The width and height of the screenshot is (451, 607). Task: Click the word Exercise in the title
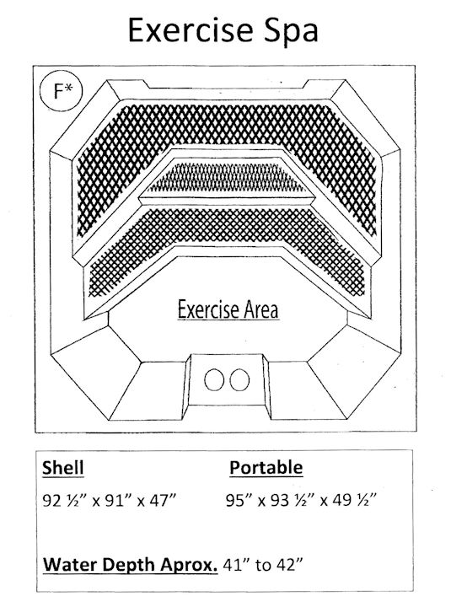[190, 30]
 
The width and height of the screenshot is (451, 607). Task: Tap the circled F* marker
[62, 91]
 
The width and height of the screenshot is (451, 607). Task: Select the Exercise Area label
[228, 309]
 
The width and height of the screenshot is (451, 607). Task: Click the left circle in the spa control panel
[214, 379]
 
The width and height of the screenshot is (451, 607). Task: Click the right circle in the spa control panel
[239, 379]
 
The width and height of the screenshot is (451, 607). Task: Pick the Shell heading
[62, 468]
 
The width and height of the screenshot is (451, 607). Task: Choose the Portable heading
[266, 467]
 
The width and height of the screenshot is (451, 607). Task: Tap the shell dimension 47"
[163, 500]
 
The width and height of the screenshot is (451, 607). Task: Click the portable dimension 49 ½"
[353, 500]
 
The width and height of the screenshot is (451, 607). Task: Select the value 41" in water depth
[236, 565]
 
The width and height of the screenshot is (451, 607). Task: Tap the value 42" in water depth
[289, 565]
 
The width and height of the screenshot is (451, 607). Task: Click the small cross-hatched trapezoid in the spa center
[227, 178]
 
